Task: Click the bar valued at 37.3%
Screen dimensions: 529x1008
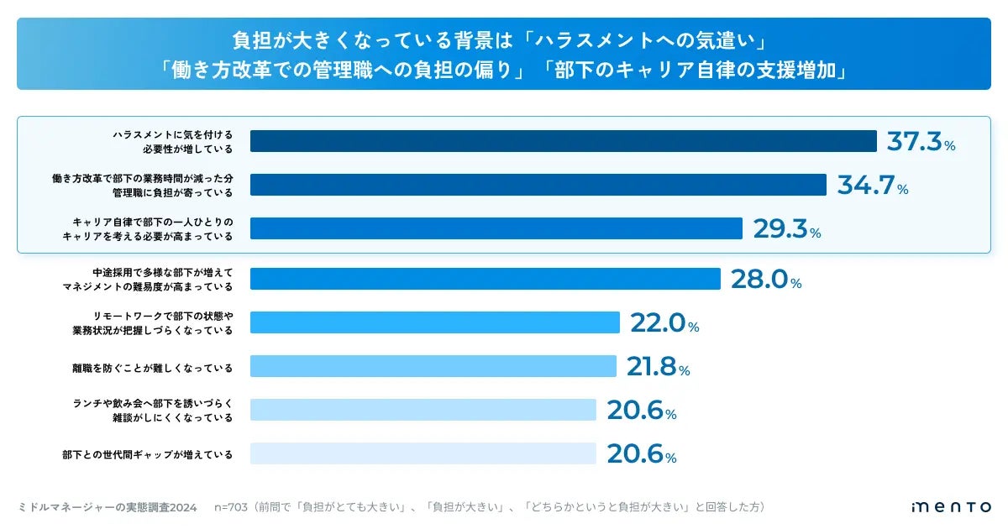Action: tap(563, 141)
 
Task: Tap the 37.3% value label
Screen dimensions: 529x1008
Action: tap(921, 141)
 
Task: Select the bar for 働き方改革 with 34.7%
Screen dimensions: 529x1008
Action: tap(538, 185)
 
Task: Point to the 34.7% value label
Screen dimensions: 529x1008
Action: tap(872, 185)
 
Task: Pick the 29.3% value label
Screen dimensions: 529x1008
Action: tap(786, 229)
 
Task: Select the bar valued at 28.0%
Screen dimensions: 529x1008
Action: tap(485, 279)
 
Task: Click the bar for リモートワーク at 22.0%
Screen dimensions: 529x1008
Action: tap(434, 322)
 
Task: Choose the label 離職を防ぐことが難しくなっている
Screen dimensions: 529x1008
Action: tap(152, 367)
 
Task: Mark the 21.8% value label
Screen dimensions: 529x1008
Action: tap(658, 367)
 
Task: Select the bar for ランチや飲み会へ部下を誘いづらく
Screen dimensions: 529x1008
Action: tap(423, 410)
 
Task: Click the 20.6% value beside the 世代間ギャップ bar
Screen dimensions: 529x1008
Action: tap(641, 454)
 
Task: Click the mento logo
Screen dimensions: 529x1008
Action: tap(951, 507)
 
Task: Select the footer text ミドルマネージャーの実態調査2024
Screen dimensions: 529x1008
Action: tap(107, 507)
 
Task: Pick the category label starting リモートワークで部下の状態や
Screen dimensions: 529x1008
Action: tap(152, 323)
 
